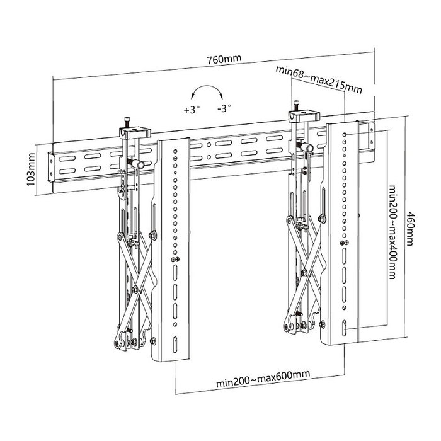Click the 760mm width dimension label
tap(224, 59)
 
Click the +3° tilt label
tap(192, 109)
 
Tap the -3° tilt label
tap(223, 108)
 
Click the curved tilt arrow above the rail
tap(208, 93)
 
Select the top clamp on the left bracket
tap(134, 130)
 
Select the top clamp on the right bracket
tap(304, 115)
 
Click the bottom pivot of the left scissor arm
tap(119, 341)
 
